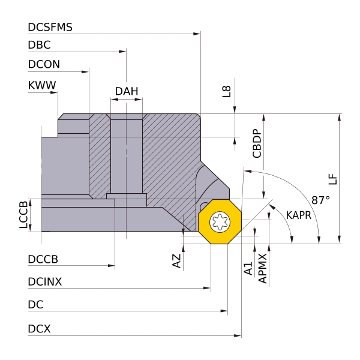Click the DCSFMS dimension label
point(50,28)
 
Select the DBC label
point(39,46)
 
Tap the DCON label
point(44,64)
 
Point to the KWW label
point(42,85)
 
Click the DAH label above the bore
point(127,92)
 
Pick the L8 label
point(226,91)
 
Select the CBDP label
point(257,143)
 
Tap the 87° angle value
point(321,200)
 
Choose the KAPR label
point(298,215)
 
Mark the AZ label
point(176,260)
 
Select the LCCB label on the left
point(24,215)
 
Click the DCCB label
point(43,260)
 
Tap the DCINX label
point(44,281)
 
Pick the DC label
point(35,305)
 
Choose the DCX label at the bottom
point(39,329)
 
